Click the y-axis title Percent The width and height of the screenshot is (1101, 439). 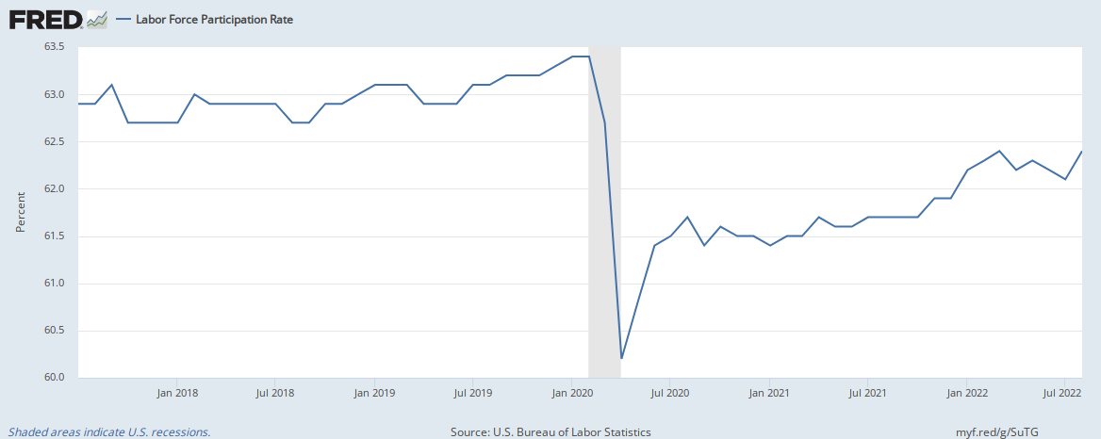point(20,213)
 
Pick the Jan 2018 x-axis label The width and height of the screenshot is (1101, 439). point(177,393)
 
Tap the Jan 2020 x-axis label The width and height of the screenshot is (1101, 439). point(570,393)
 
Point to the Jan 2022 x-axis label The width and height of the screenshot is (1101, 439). point(964,393)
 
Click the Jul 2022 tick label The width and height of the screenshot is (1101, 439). point(1063,393)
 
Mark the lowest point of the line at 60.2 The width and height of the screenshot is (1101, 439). point(622,358)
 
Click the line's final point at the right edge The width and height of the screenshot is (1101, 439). point(1080,152)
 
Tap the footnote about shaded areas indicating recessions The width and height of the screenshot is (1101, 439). point(109,432)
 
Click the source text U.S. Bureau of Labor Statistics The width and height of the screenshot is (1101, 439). point(550,432)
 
